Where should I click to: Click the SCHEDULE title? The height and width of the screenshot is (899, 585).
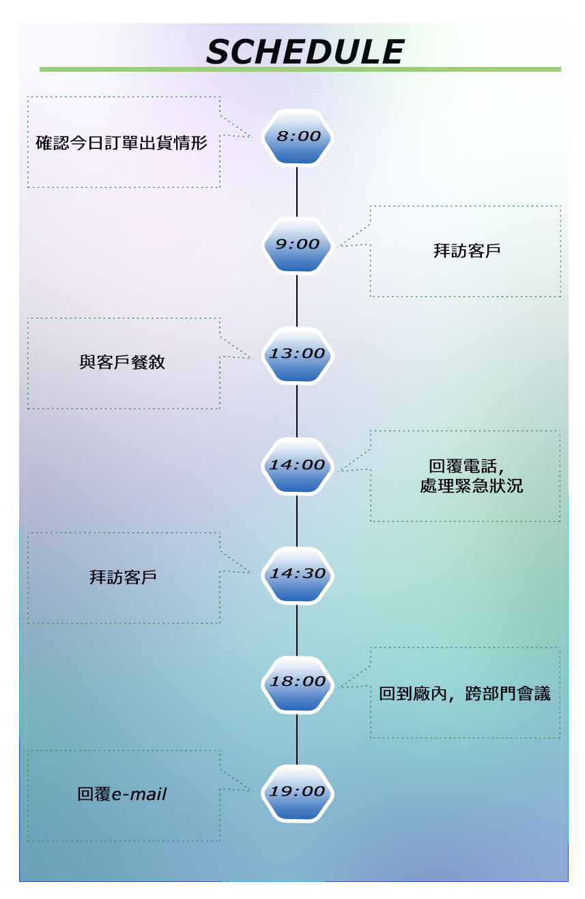click(x=304, y=52)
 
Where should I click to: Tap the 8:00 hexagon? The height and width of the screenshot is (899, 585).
click(x=298, y=137)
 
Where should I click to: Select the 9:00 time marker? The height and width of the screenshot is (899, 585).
click(x=298, y=245)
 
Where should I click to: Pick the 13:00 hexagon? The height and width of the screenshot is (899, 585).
click(x=297, y=355)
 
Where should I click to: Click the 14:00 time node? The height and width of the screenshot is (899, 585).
click(x=297, y=465)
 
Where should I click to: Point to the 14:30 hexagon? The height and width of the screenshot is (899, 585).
click(x=298, y=575)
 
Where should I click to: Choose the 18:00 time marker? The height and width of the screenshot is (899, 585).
click(x=298, y=682)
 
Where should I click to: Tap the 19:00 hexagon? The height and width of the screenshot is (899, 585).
click(x=297, y=792)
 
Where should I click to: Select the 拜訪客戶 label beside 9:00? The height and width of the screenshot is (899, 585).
click(x=467, y=251)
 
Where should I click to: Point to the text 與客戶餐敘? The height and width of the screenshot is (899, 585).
click(x=122, y=362)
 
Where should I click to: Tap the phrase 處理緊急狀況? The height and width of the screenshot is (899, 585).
click(x=472, y=486)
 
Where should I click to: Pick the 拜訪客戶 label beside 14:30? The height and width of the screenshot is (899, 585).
click(x=123, y=577)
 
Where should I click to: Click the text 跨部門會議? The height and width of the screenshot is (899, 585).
click(x=508, y=694)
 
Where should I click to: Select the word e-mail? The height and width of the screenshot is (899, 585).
click(x=139, y=794)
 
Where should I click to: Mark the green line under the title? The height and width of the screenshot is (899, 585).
click(x=300, y=70)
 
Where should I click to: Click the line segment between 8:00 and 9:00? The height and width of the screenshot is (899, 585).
click(x=297, y=191)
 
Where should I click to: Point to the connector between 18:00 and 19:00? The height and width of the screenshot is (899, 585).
click(x=297, y=738)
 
